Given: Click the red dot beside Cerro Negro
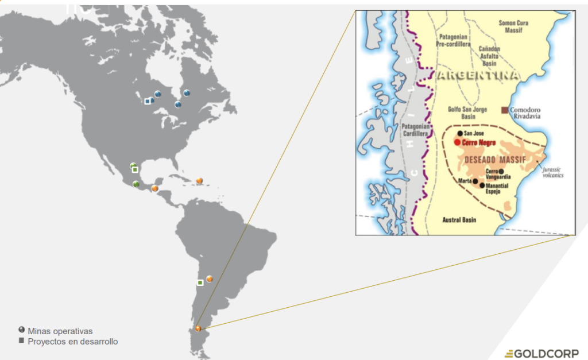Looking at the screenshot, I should [x=457, y=142].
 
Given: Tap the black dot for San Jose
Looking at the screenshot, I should [x=460, y=133].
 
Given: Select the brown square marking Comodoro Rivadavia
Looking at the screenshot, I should [x=505, y=110].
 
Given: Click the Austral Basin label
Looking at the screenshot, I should [x=459, y=220].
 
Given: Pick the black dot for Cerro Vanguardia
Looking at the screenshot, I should [x=501, y=171].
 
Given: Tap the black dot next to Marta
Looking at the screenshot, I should [x=475, y=181].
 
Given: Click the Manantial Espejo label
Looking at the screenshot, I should [x=497, y=189].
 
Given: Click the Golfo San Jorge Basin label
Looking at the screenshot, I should [x=467, y=112].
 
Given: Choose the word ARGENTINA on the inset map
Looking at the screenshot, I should [x=478, y=76].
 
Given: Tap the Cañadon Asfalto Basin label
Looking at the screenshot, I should [x=489, y=56].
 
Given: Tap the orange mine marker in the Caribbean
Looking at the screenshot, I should [x=199, y=181].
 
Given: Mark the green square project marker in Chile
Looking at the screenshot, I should [x=200, y=282].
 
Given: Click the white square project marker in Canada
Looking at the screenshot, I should [x=148, y=102].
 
